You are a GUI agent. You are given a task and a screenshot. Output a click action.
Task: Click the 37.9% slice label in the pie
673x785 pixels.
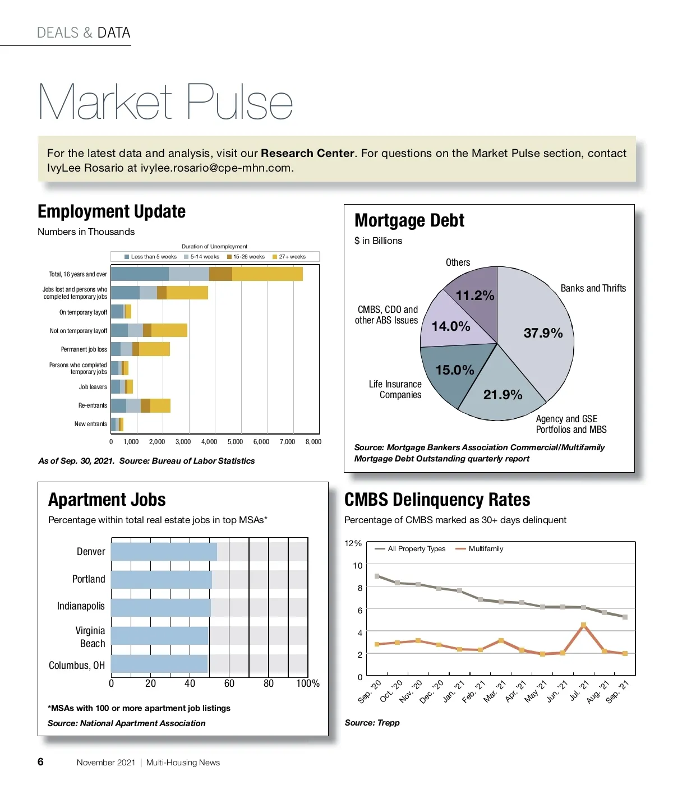(x=543, y=333)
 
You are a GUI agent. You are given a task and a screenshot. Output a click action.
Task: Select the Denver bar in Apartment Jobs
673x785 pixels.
(x=164, y=552)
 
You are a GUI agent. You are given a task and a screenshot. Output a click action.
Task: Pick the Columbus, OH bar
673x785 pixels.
(x=159, y=664)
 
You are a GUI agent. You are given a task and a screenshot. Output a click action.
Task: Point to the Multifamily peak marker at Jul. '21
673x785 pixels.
(x=583, y=625)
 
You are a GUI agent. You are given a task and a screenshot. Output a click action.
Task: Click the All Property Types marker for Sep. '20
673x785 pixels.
(x=377, y=576)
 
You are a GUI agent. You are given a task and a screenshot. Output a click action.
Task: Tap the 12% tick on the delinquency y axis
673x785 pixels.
(x=353, y=543)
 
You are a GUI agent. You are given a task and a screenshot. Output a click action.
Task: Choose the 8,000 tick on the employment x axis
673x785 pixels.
(x=313, y=442)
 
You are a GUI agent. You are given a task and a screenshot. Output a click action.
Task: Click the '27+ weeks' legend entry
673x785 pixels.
(x=289, y=257)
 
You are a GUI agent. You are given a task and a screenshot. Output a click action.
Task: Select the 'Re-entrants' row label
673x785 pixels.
(x=93, y=405)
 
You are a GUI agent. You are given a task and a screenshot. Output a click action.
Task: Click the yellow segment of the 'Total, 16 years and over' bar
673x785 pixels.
(x=267, y=274)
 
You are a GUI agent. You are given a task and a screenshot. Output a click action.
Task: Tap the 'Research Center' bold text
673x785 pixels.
(x=307, y=153)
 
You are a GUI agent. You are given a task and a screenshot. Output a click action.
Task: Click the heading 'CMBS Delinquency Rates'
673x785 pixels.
(x=437, y=500)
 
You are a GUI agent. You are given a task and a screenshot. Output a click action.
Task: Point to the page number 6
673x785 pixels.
(x=40, y=761)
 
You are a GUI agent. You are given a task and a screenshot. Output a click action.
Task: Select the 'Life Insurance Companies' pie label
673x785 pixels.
(x=395, y=389)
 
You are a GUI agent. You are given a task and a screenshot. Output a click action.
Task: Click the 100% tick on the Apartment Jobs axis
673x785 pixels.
(x=308, y=684)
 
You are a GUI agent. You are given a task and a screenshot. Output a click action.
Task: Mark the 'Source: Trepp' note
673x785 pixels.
(x=372, y=723)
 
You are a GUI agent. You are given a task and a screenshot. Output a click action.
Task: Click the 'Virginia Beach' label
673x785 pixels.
(x=90, y=637)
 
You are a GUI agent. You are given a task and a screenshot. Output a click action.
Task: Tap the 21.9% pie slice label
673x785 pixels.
(x=503, y=395)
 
